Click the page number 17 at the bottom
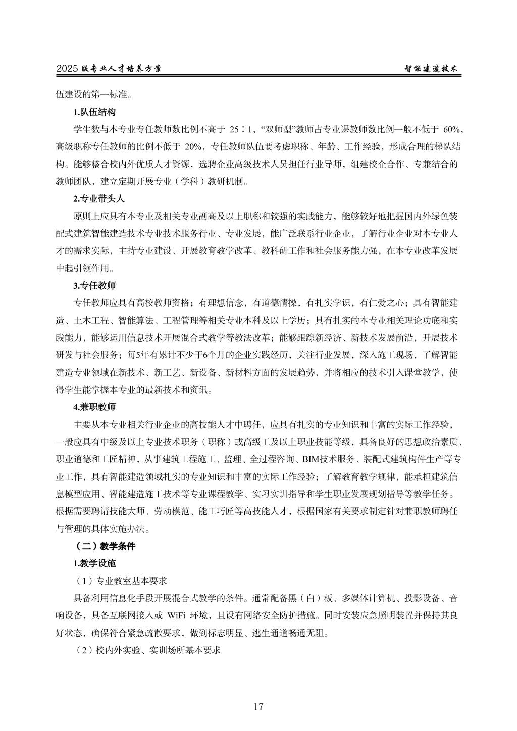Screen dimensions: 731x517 click(x=258, y=706)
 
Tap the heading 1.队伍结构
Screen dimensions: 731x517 click(x=94, y=112)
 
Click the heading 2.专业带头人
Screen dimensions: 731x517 click(x=99, y=198)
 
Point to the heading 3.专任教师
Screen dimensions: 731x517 click(x=94, y=286)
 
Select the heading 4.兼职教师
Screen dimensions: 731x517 click(x=94, y=406)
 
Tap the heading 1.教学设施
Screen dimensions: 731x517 click(x=94, y=563)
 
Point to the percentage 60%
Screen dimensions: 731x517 click(x=451, y=130)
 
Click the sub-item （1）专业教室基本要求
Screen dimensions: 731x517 click(x=124, y=581)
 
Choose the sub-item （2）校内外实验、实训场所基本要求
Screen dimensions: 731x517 click(x=147, y=650)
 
